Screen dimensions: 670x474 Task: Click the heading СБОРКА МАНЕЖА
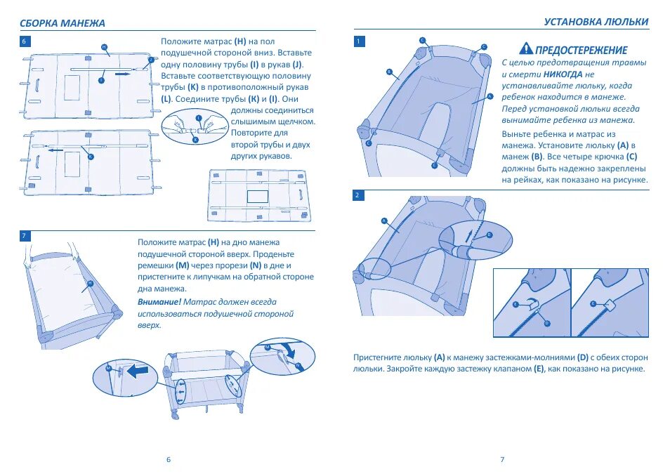[62, 23]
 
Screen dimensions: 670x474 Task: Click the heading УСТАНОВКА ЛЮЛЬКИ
[596, 22]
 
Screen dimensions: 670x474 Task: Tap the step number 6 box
[25, 41]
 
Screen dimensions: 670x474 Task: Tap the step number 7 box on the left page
[25, 235]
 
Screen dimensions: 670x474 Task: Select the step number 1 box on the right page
[359, 41]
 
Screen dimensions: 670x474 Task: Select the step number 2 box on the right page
[359, 195]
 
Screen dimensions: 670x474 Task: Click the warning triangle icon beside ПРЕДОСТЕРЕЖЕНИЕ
[526, 48]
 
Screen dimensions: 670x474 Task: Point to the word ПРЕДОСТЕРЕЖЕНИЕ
[582, 50]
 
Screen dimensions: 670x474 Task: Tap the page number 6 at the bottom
[169, 459]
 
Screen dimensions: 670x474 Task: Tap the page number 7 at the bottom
[502, 459]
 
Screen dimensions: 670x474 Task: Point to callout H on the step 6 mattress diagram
[105, 48]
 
